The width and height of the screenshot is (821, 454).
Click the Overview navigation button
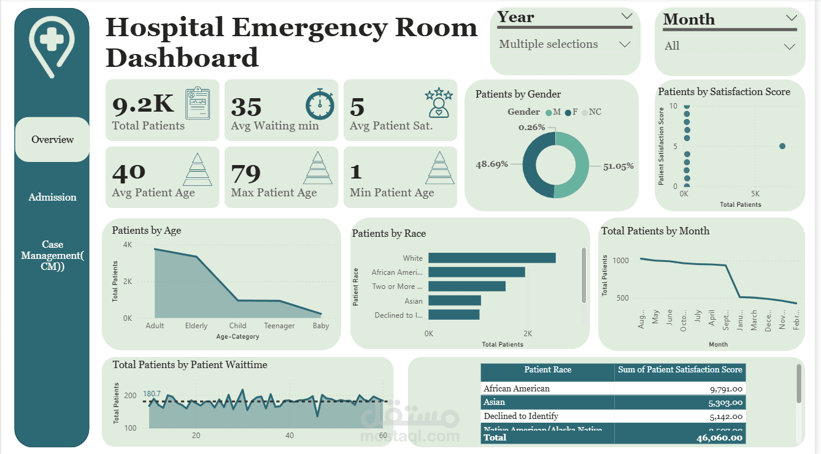[x=52, y=140]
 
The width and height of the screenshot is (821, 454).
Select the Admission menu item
[x=52, y=198]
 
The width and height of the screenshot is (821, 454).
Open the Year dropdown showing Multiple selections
[x=564, y=45]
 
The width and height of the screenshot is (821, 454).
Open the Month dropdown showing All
[x=730, y=46]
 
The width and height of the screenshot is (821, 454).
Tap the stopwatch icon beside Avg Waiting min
[x=320, y=104]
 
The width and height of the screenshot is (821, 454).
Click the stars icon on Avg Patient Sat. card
[x=438, y=103]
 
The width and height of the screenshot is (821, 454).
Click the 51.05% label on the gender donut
[x=619, y=166]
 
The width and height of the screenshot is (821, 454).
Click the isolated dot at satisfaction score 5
[x=782, y=146]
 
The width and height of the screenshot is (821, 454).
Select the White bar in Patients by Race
[x=491, y=258]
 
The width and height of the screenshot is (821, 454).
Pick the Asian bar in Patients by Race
[x=454, y=301]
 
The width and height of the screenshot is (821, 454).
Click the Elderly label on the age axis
[x=196, y=326]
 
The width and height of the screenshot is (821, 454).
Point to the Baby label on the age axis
[x=320, y=326]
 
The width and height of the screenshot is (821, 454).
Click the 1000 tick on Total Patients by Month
[x=620, y=261]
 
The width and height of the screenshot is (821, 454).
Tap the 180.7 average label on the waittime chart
[x=152, y=394]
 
